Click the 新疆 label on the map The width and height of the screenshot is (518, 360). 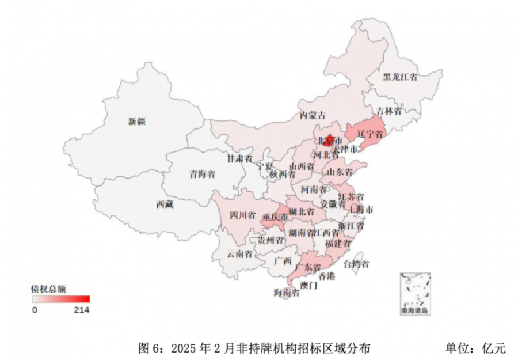pyautogui.click(x=138, y=121)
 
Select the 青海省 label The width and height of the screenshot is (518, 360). pyautogui.click(x=202, y=174)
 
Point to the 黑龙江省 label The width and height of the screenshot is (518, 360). pyautogui.click(x=401, y=77)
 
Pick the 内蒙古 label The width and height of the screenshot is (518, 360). pyautogui.click(x=313, y=115)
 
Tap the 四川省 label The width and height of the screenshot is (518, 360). pyautogui.click(x=242, y=216)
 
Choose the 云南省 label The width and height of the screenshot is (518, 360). pyautogui.click(x=239, y=253)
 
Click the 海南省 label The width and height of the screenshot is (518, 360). pyautogui.click(x=287, y=293)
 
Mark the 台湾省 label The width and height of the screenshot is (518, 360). pyautogui.click(x=356, y=264)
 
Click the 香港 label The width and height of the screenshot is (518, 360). pyautogui.click(x=326, y=276)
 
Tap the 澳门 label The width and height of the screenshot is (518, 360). pyautogui.click(x=308, y=285)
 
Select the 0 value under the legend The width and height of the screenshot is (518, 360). pyautogui.click(x=35, y=310)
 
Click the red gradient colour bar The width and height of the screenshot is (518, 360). pyautogui.click(x=61, y=299)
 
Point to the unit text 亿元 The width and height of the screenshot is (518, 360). pyautogui.click(x=494, y=348)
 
